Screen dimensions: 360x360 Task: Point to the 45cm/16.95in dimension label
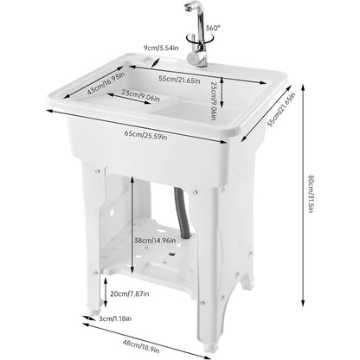coord(106,84)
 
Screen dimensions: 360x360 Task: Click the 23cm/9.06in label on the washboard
coord(138,95)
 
